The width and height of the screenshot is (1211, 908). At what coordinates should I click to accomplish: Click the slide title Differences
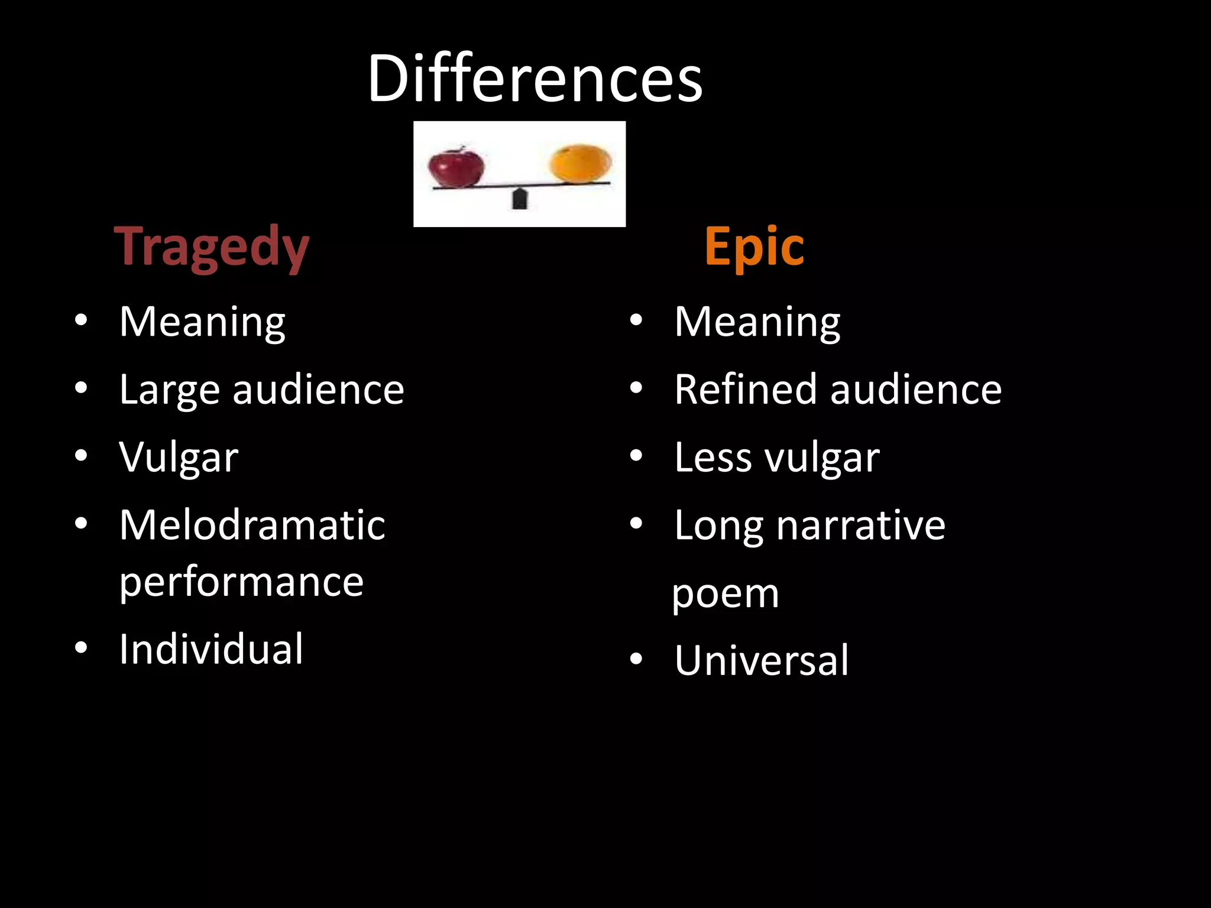pos(535,79)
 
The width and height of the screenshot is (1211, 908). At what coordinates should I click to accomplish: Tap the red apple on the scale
pos(455,167)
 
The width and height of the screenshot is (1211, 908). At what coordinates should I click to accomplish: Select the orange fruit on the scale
pos(580,164)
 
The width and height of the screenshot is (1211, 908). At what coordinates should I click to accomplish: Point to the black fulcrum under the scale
pos(520,199)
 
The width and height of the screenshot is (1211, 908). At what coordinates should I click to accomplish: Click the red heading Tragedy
pos(212,247)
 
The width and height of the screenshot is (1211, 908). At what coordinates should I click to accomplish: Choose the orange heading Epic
pos(754,247)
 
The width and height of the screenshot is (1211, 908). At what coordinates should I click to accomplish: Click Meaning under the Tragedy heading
pos(202,322)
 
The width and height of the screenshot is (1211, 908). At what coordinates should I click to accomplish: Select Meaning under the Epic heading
pos(757,322)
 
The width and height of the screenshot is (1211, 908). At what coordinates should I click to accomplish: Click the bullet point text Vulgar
pos(179,457)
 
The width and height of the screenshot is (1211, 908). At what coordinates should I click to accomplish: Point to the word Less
pos(713,457)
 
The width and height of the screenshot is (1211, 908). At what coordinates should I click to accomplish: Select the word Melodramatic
pos(252,525)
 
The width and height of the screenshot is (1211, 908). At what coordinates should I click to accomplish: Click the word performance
pos(241,583)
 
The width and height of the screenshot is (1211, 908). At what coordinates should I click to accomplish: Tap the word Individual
pos(211,649)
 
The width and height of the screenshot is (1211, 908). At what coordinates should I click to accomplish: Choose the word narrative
pos(860,525)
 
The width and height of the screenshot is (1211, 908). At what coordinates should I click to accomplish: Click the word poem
pos(726,594)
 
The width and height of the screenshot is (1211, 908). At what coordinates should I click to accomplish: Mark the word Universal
pos(761,660)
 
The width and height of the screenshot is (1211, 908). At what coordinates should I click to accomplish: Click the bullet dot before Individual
pos(81,648)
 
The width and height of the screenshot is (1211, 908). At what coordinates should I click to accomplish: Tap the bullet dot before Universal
pos(636,659)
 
